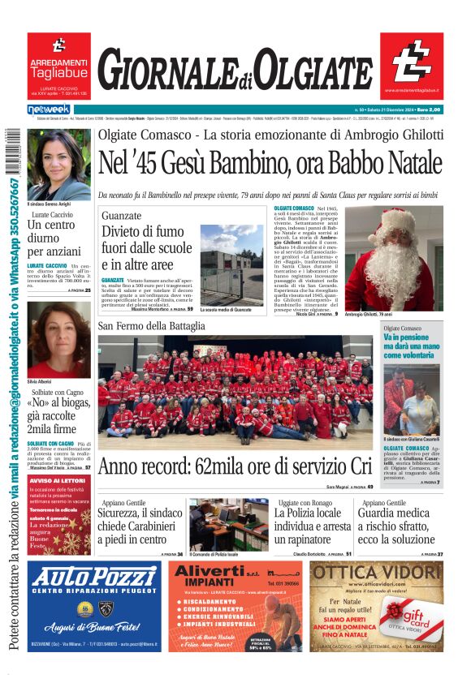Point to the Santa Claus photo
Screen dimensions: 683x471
404,258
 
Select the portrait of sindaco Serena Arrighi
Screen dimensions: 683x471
58,165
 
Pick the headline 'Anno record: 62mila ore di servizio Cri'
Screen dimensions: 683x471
235,467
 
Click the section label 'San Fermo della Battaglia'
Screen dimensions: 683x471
152,326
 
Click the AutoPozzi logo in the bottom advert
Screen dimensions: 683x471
95,578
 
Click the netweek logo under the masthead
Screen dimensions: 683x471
49,109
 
